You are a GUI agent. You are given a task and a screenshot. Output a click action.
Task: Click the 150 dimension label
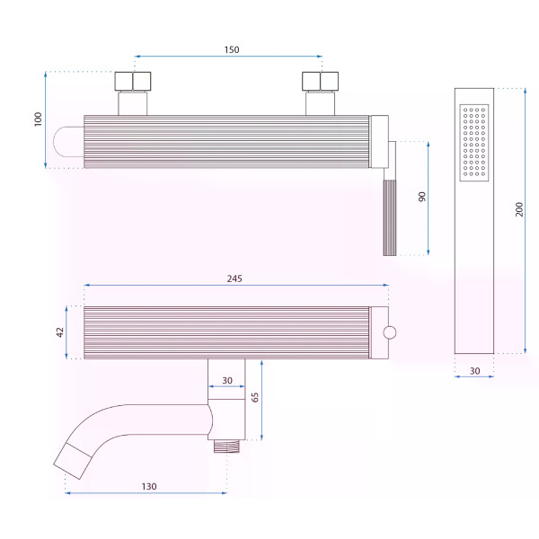coord(232,49)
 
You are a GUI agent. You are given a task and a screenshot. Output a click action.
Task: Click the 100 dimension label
coord(38,119)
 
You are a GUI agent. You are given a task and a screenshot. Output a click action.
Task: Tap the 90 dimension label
coord(422,197)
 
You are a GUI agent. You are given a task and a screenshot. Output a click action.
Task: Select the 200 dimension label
coord(519,209)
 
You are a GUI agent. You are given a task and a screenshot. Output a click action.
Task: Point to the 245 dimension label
coord(234,278)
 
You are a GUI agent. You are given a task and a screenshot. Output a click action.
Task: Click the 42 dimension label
coord(60,332)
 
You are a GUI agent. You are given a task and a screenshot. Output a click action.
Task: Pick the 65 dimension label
coord(255,397)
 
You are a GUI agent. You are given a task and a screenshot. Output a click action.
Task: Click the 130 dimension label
coord(149,486)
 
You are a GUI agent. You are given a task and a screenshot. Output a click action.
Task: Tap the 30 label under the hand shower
coord(474,371)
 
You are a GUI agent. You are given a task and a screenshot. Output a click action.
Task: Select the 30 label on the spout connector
coord(227,381)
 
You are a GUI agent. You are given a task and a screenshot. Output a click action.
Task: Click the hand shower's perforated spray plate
coord(474,142)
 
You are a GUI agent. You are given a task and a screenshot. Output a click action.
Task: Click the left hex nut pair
coord(133,82)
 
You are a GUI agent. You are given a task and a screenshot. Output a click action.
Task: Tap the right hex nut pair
coord(320,82)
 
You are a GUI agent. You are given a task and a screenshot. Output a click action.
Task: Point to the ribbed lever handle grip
coord(390,218)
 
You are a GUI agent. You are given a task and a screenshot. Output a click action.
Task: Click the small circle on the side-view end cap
coord(390,332)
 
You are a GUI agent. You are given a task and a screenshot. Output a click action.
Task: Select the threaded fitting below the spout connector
coord(226,446)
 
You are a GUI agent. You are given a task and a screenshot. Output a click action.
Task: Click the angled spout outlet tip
coord(73,461)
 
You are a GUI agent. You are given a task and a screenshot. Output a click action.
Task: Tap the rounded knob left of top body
coord(68,142)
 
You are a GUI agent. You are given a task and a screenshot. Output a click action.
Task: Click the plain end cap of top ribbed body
coord(379,142)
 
